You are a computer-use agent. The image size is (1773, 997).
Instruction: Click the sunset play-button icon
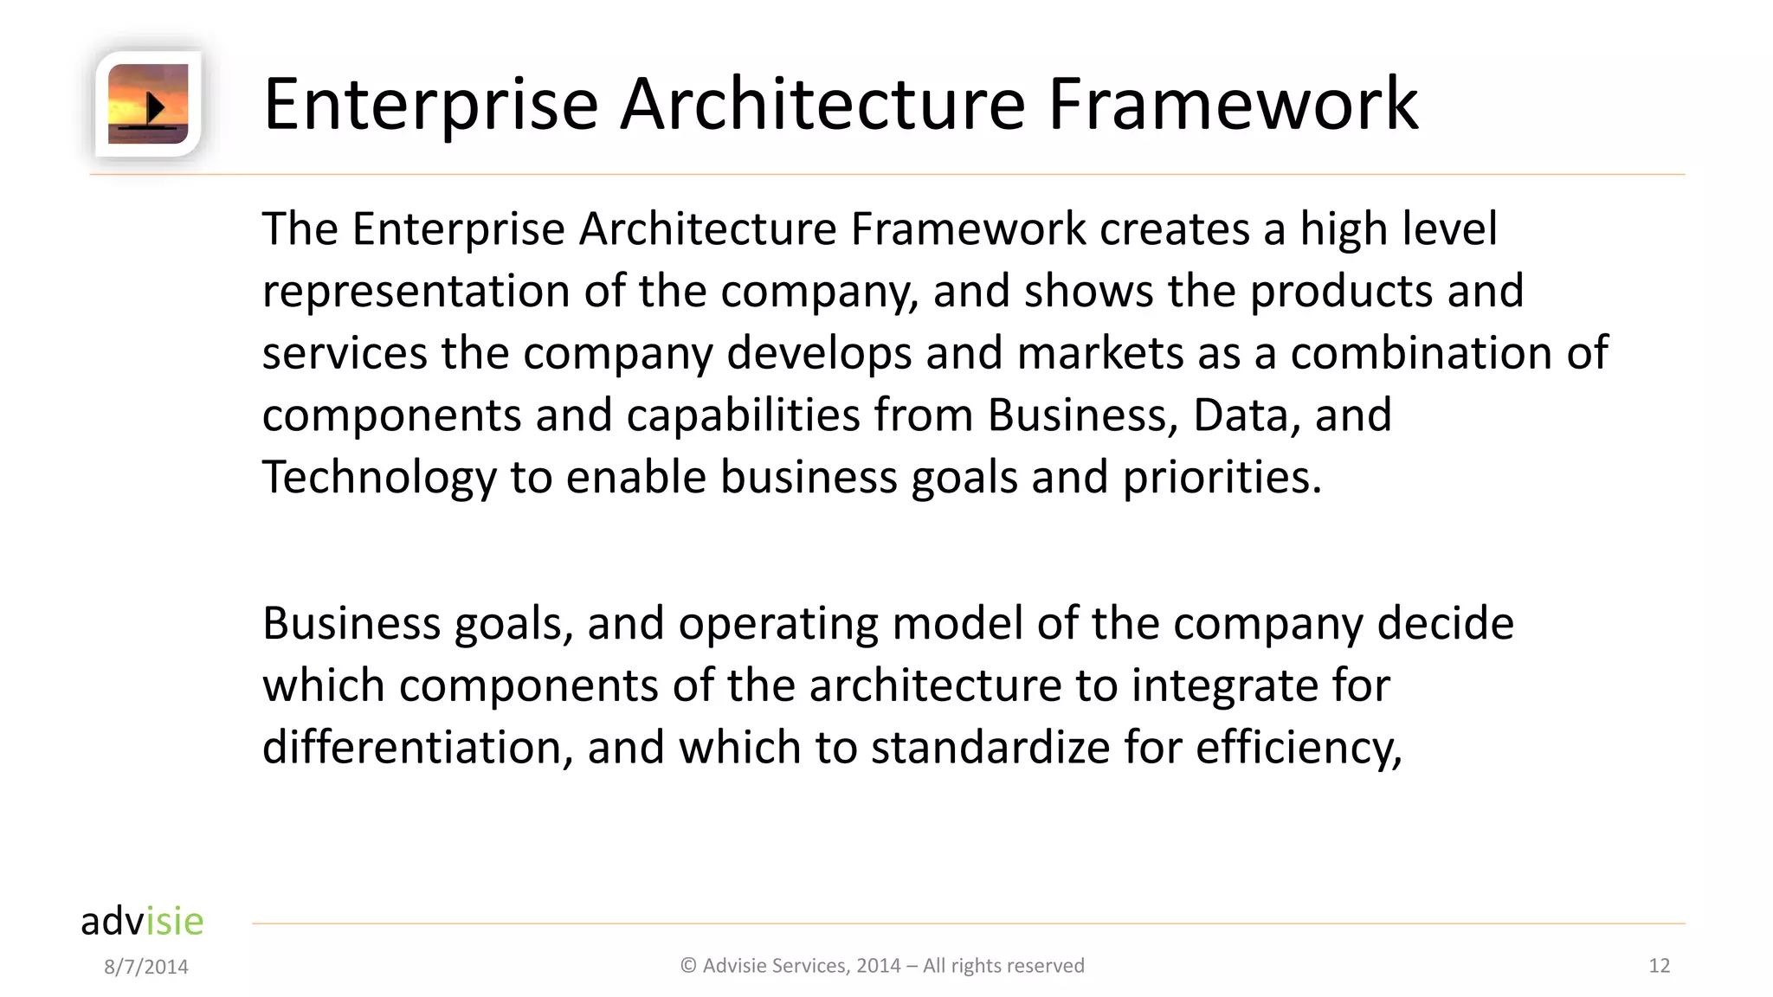(x=148, y=104)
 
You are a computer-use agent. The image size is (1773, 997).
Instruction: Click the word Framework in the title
(x=1233, y=104)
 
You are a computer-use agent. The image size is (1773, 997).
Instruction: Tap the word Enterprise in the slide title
(x=430, y=104)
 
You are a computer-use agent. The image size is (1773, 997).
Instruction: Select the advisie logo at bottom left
(x=142, y=921)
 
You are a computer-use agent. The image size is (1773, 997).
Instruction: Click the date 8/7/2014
(x=146, y=967)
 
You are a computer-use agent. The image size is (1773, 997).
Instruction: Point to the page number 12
(x=1659, y=966)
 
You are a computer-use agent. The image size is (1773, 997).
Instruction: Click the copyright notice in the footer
(x=882, y=966)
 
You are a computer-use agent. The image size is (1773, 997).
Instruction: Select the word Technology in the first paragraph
(x=379, y=478)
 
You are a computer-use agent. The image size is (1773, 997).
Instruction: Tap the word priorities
(x=1222, y=478)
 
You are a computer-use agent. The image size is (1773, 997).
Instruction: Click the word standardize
(x=990, y=748)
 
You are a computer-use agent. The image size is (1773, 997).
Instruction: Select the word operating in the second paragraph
(x=777, y=624)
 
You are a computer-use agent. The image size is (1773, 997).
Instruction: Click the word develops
(x=818, y=354)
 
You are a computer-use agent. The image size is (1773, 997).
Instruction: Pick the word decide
(x=1445, y=624)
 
